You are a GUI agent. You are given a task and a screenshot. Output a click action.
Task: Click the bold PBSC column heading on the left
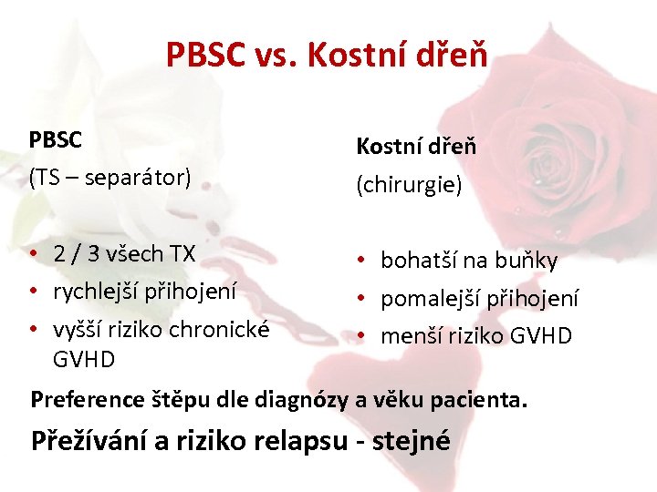click(x=56, y=140)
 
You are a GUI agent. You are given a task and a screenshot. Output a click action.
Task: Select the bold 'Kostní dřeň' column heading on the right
click(x=416, y=146)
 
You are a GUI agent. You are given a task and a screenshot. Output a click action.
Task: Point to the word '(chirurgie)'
click(x=409, y=185)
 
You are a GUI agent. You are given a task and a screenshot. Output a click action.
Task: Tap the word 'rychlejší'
click(x=97, y=291)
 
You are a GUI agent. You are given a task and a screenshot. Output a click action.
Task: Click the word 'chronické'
click(x=225, y=329)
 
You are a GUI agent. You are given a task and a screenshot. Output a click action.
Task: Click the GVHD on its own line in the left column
click(x=84, y=359)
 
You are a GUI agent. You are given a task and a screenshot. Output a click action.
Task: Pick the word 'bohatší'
click(x=415, y=261)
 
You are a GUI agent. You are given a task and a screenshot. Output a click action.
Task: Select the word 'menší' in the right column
click(x=408, y=336)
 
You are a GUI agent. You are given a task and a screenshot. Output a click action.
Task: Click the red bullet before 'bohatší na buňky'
click(x=362, y=261)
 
